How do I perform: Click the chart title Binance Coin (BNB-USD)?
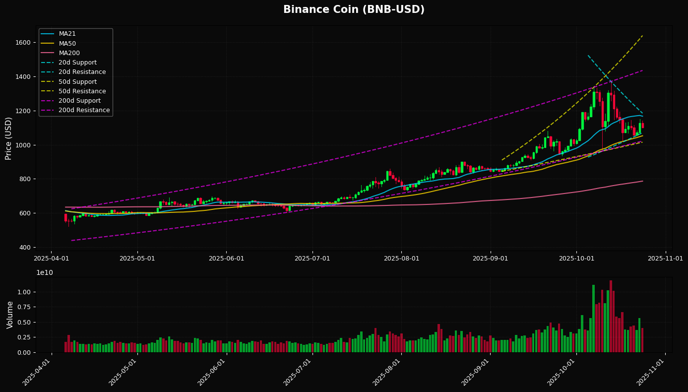pos(354,10)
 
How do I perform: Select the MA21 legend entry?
pos(67,34)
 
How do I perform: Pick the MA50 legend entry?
pos(67,43)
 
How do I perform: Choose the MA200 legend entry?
pos(69,53)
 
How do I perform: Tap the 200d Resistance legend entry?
pos(84,110)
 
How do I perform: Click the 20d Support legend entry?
pos(77,63)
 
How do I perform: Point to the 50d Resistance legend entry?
pos(82,91)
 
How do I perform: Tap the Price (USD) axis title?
pos(8,138)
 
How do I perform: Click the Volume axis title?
pos(10,315)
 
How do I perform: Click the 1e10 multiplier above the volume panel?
pos(45,272)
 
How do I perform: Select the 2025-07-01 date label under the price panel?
pos(312,259)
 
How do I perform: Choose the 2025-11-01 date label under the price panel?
pos(665,259)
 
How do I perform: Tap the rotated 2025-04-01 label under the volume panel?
pos(37,373)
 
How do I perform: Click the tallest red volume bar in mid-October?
pos(611,317)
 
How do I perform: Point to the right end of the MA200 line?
pos(642,181)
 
